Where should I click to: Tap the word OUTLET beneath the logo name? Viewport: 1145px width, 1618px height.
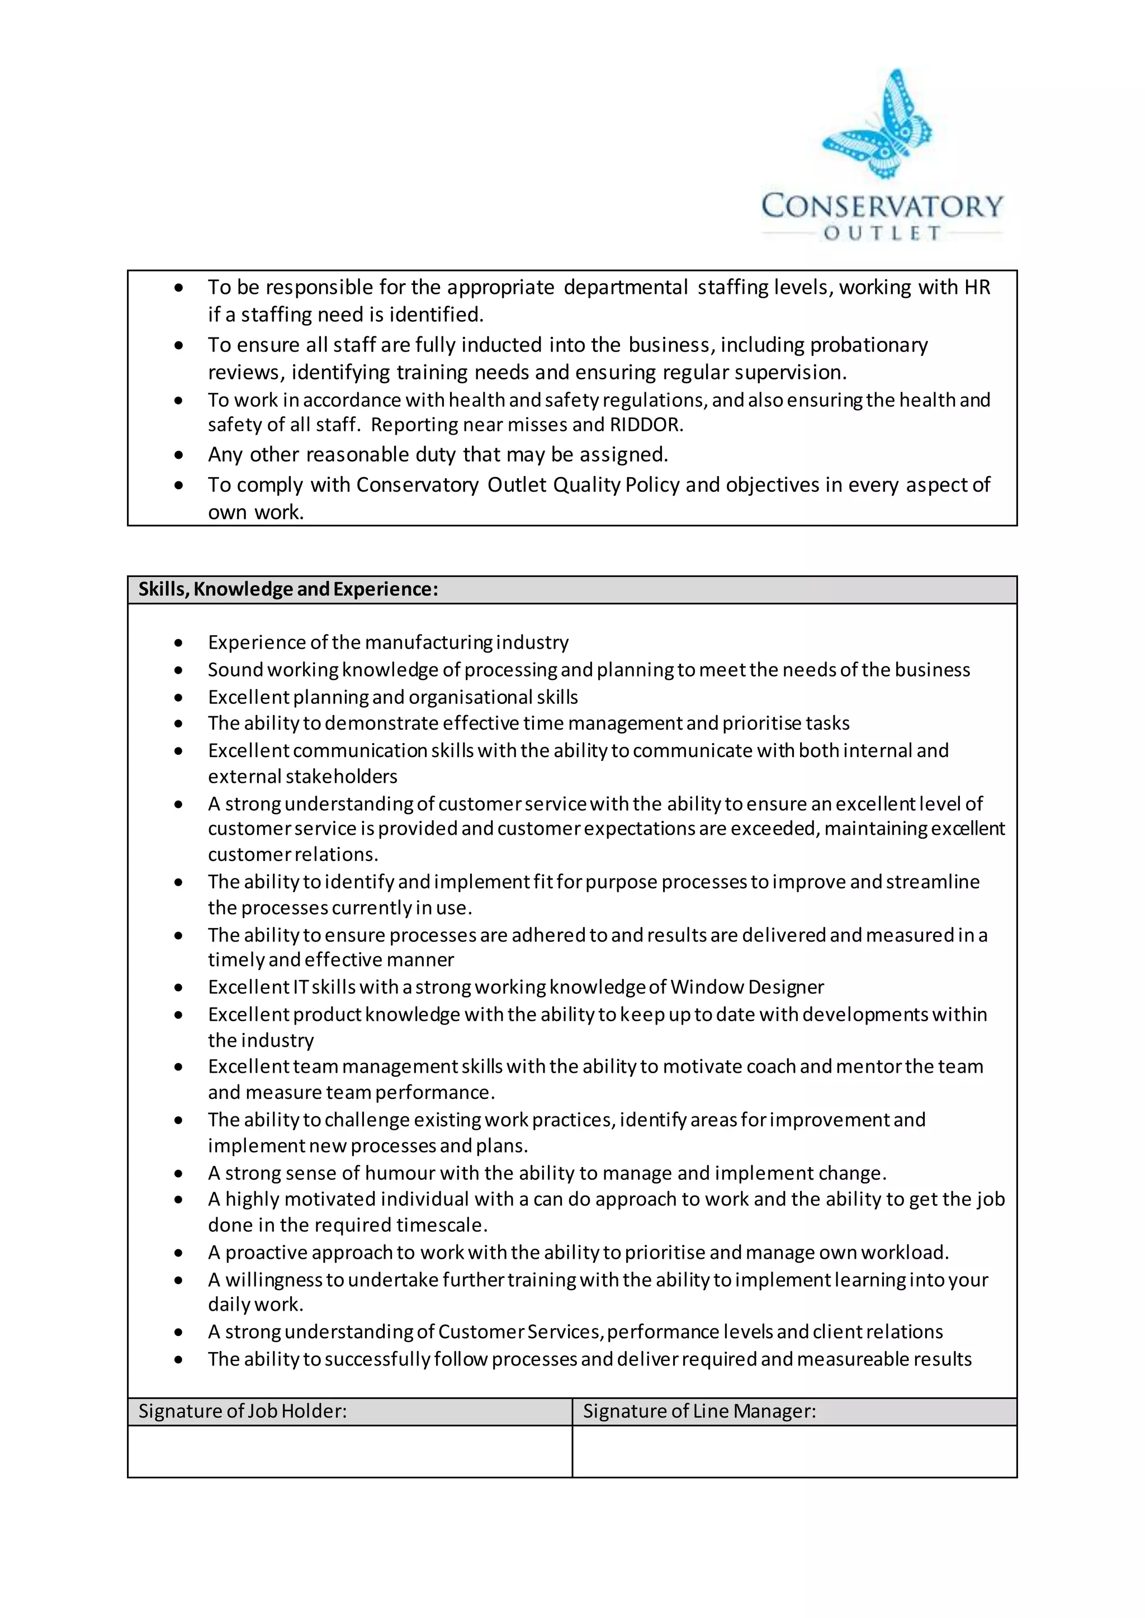tap(882, 233)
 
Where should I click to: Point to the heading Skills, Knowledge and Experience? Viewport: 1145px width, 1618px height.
tap(288, 589)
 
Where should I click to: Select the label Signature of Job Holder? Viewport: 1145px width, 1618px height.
tap(243, 1411)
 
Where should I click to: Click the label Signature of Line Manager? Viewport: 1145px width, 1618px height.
tap(699, 1411)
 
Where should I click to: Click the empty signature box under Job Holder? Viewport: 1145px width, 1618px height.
tap(349, 1451)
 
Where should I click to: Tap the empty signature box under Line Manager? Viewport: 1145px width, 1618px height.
tap(794, 1451)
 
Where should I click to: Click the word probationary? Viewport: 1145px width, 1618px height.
tap(869, 345)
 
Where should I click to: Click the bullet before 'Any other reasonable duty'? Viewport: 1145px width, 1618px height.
tap(179, 455)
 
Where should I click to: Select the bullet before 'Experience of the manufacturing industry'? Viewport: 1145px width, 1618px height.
tap(179, 643)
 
